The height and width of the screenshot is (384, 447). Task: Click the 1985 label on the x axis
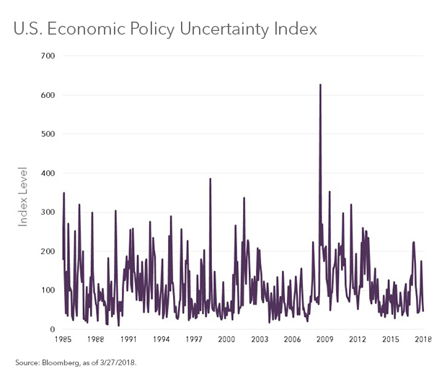63,339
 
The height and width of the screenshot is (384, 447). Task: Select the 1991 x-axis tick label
128,339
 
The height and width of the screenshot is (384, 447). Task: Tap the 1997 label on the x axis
194,339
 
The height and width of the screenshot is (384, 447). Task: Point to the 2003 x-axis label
260,339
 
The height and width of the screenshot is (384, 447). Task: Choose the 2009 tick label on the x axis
325,339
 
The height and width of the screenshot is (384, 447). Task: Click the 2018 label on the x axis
423,339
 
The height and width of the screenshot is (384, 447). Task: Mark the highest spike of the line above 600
320,85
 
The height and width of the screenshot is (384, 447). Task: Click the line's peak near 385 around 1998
210,179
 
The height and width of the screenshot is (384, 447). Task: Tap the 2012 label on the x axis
358,339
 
